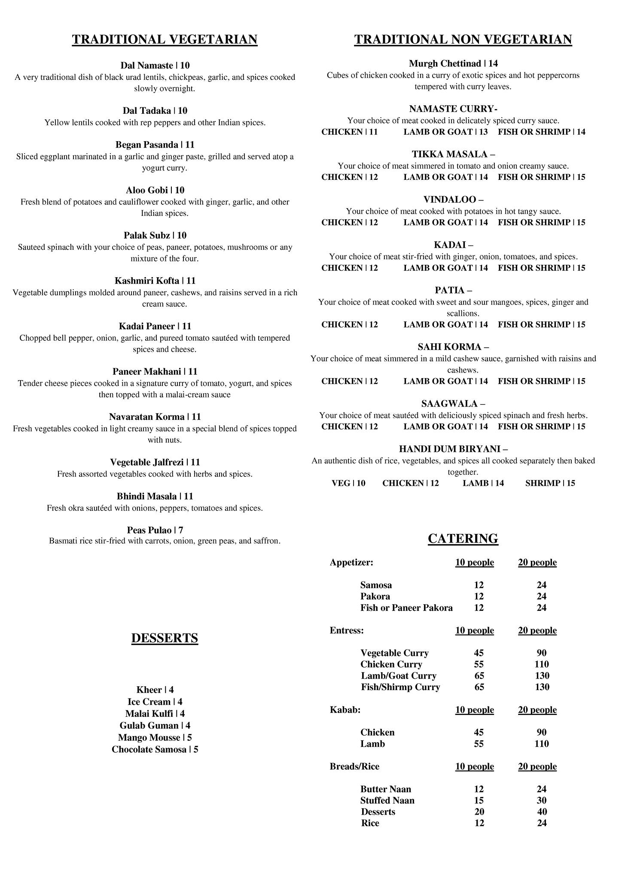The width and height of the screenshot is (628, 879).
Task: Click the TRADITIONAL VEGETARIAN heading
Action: [165, 39]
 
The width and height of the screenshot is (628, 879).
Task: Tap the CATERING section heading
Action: [463, 538]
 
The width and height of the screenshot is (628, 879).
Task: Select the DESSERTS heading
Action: [165, 638]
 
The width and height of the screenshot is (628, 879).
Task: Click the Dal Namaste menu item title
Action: [155, 66]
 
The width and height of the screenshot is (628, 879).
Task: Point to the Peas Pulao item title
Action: [155, 530]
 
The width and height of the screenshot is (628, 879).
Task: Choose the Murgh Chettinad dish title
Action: [453, 64]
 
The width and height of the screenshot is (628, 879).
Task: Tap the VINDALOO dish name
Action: [453, 200]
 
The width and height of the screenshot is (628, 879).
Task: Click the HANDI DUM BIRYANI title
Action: [453, 449]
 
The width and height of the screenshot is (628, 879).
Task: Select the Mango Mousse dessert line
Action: [155, 737]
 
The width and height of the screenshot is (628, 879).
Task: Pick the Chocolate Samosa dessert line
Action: [155, 749]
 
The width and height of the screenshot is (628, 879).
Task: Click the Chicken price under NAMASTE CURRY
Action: [349, 132]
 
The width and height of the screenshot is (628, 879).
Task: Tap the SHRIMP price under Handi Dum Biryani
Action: [550, 483]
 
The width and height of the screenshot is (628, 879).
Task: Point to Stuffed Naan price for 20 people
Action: [541, 800]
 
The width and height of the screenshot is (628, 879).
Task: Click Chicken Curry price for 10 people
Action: [479, 664]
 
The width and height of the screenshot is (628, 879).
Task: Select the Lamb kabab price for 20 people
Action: [541, 744]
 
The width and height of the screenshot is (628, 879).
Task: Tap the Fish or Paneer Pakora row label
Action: [406, 608]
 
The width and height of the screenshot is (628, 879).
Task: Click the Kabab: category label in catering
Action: [345, 710]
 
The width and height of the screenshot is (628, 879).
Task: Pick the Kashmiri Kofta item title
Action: [155, 281]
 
